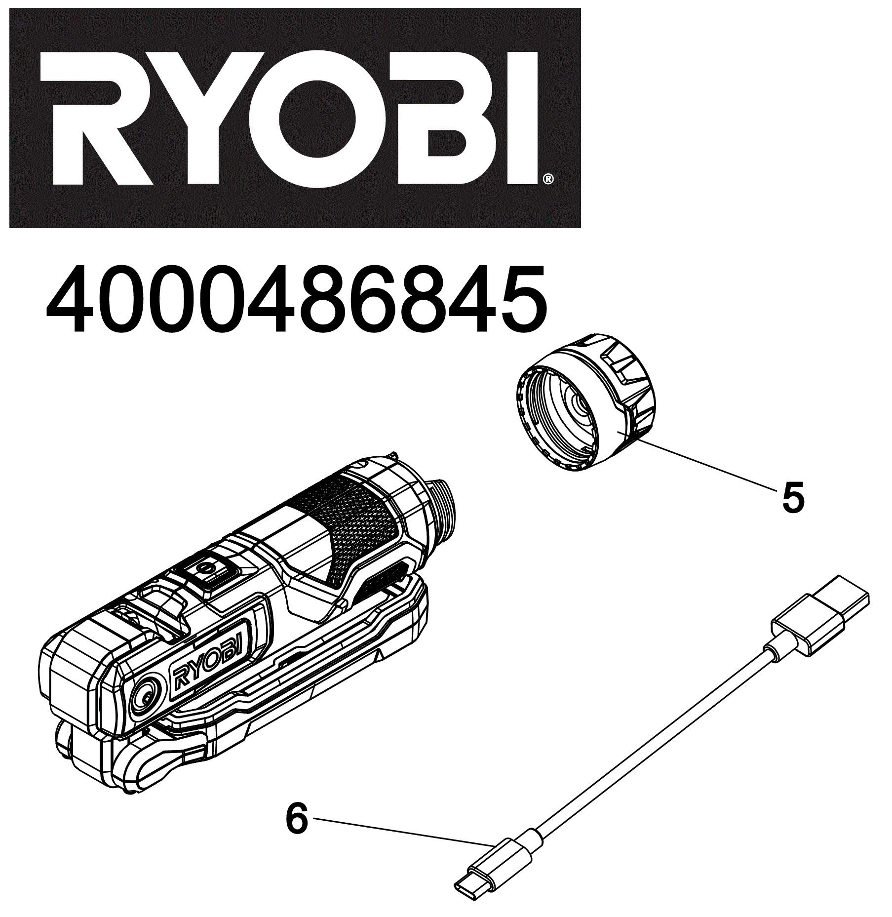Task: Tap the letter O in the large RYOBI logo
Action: pyautogui.click(x=317, y=119)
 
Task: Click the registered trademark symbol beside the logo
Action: pyautogui.click(x=548, y=179)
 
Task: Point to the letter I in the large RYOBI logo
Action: pyautogui.click(x=522, y=119)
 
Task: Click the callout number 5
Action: pyautogui.click(x=793, y=498)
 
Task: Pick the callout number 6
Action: pyautogui.click(x=297, y=819)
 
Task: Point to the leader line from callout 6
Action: pyautogui.click(x=405, y=832)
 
